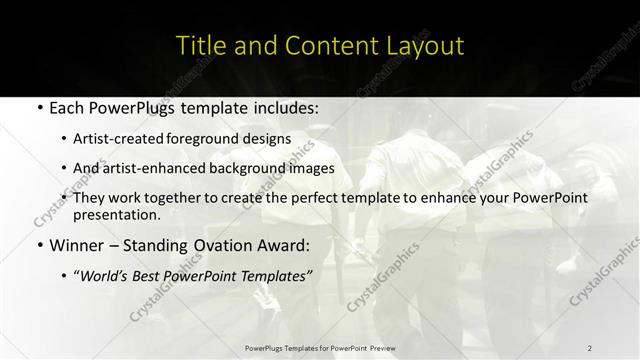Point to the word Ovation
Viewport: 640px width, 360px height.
(x=220, y=245)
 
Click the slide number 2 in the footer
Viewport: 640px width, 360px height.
(x=590, y=348)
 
